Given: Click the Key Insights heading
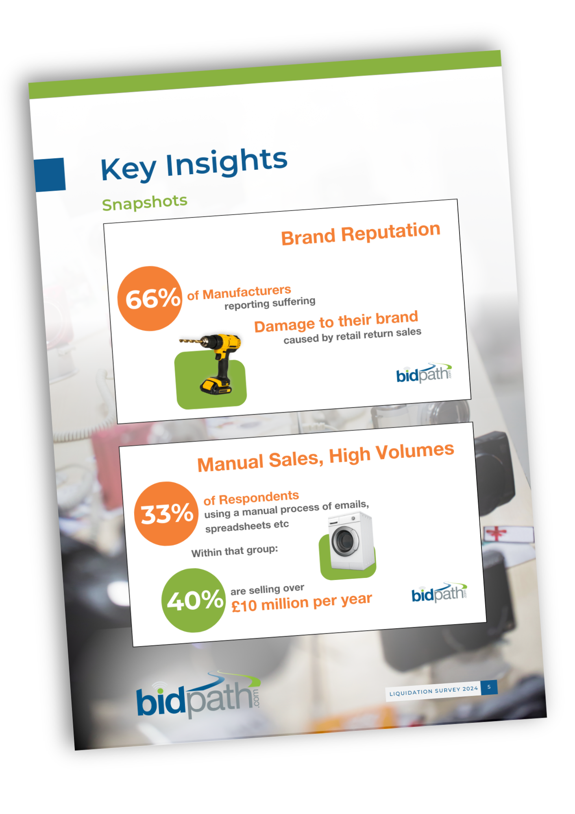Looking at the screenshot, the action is tap(194, 164).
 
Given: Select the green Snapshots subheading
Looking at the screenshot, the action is tap(144, 202).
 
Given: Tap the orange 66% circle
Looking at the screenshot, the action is tap(150, 298).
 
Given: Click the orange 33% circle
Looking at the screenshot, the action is tap(166, 514).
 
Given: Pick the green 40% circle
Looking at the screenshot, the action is tap(194, 600).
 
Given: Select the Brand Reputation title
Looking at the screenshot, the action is tap(361, 234).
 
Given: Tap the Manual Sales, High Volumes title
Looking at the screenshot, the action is tap(326, 458).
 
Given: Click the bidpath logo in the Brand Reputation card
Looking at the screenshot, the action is tap(424, 373).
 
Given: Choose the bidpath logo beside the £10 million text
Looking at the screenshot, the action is tap(439, 592).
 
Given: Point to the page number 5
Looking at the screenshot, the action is tap(489, 687).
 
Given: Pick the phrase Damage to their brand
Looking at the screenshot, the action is tap(336, 322).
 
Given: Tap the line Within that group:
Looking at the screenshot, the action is tap(235, 551).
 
